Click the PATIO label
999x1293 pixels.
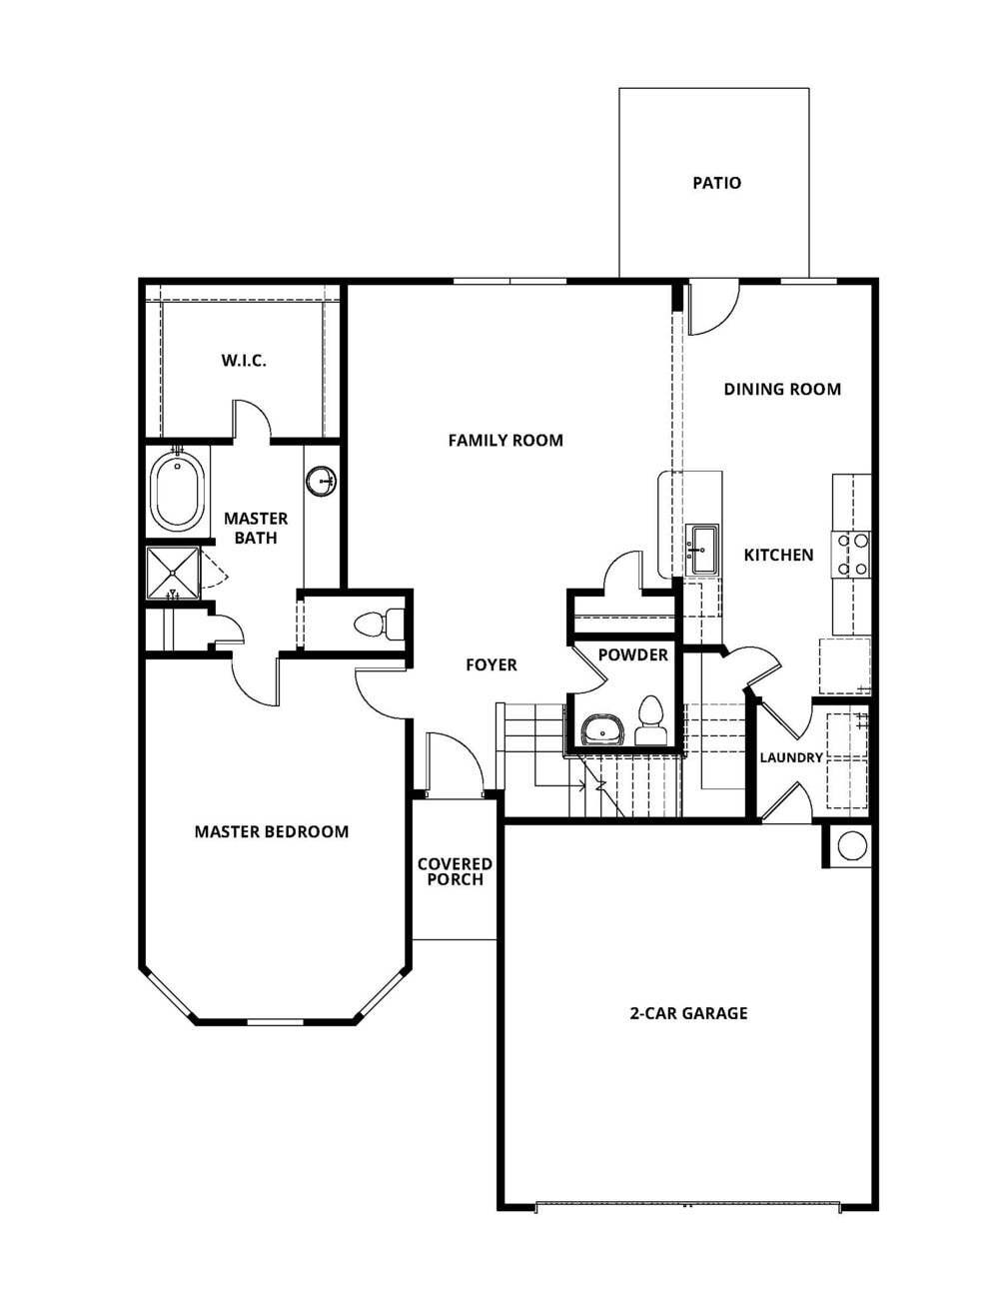click(716, 183)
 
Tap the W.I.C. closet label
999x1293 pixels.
click(244, 360)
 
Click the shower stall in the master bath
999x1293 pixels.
click(173, 573)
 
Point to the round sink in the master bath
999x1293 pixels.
click(322, 481)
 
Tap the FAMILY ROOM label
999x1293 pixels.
click(504, 440)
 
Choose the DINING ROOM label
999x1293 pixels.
click(781, 389)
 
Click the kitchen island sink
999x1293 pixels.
click(702, 551)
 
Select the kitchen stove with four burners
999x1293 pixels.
click(852, 554)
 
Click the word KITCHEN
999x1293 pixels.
click(778, 555)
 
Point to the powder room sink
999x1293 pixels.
click(602, 730)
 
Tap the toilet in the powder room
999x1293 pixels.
click(651, 721)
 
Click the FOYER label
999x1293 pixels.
click(491, 664)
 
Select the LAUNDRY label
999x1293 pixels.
click(790, 757)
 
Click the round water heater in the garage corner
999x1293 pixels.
click(851, 845)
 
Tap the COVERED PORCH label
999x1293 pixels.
click(455, 871)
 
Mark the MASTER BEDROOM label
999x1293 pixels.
click(271, 831)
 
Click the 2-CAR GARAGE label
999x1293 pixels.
click(688, 1013)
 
